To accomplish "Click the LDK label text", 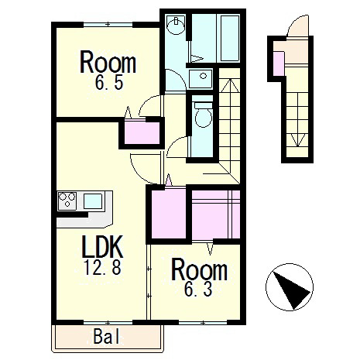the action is (102, 247).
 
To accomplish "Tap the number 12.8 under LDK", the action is (102, 267).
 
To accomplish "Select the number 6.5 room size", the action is (109, 82).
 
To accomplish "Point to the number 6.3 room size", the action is (198, 289).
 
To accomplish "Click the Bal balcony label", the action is (107, 337).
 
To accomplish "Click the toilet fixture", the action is (204, 115).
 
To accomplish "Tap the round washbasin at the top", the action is (176, 25).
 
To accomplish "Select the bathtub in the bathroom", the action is (230, 38).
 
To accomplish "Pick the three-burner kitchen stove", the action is (67, 201).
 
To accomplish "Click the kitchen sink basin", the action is (93, 201).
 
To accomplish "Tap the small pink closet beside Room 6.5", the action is (142, 132).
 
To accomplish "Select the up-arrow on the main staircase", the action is (230, 86).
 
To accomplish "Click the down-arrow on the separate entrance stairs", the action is (297, 140).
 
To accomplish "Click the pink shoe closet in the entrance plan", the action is (279, 63).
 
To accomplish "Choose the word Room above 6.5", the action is (108, 63).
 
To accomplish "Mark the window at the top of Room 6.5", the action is (108, 25).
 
